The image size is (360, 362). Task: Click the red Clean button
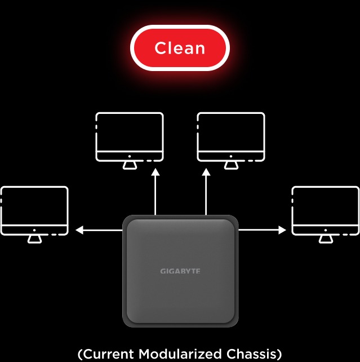coord(180,48)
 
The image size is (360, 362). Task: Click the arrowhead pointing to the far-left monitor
coord(79,230)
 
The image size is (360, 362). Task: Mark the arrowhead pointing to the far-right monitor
coord(282,230)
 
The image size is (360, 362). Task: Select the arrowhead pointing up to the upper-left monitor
coord(155,174)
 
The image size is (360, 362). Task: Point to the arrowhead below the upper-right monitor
coord(206,174)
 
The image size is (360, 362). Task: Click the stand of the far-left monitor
coord(34,239)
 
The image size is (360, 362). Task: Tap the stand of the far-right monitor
coord(325,239)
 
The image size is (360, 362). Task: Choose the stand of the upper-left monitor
coord(130,165)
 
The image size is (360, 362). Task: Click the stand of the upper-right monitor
coord(230,165)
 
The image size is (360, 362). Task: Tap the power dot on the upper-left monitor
coord(130,155)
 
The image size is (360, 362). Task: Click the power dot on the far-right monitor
coord(325,229)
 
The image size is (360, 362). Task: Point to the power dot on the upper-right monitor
coord(230,155)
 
